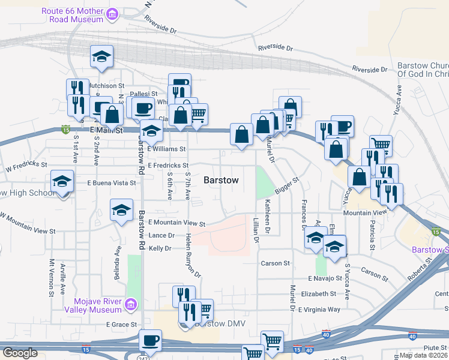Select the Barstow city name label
221,180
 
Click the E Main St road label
106,130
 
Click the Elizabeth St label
319,294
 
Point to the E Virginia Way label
324,310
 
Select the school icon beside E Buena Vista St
62,181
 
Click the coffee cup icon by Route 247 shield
150,341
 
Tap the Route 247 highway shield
143,358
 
